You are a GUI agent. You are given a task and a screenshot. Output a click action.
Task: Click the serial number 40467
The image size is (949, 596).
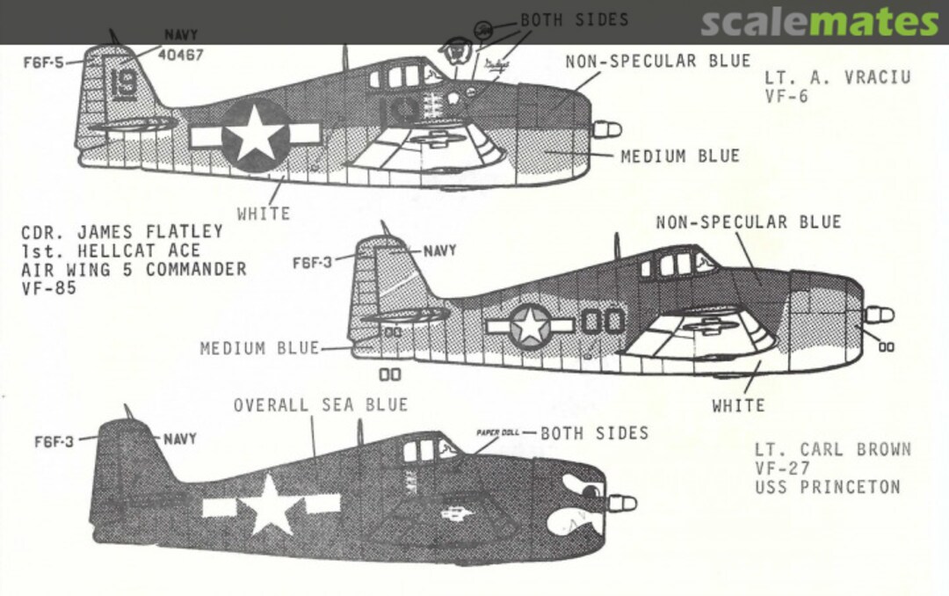point(180,55)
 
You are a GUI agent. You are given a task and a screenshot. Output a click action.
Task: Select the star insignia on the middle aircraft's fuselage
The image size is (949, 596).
point(530,325)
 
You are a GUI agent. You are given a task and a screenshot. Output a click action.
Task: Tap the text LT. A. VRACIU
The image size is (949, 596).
point(837,77)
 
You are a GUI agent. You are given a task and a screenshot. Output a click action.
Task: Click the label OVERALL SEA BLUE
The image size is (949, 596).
point(320,404)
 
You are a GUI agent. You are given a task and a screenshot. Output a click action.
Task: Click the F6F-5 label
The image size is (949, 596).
point(44,62)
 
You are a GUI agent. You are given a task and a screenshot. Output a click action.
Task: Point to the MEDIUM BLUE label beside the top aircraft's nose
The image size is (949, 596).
point(679,156)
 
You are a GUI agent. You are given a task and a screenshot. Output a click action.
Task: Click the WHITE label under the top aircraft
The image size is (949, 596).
point(263,213)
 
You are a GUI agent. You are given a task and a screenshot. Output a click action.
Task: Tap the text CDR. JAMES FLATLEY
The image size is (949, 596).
point(122,232)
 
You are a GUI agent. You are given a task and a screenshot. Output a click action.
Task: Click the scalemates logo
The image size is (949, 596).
point(819,22)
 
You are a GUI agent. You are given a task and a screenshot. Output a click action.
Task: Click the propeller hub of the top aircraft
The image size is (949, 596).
point(606,130)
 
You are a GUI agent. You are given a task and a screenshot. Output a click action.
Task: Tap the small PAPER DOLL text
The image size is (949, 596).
point(498,433)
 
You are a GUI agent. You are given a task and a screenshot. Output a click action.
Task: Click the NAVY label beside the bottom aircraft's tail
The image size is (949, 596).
point(179,438)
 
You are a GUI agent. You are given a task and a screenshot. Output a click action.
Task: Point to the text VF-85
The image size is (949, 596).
point(50,287)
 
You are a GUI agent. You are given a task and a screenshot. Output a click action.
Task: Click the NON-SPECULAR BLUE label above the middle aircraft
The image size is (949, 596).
point(748,222)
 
